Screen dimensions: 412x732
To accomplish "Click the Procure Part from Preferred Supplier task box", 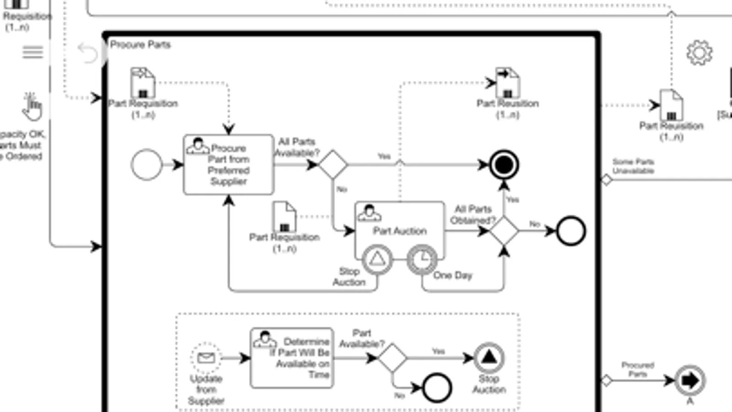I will pos(228,165).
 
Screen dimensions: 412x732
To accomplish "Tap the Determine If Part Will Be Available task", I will pos(292,358).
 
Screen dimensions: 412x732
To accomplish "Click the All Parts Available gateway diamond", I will pos(333,164).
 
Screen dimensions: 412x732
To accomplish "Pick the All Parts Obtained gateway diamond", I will pos(504,231).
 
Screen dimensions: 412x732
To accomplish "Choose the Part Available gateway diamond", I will pos(392,358).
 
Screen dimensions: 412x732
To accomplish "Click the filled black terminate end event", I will pos(504,165).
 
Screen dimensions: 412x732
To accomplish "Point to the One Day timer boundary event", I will pos(422,260).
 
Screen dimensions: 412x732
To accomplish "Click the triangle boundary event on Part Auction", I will pos(377,260).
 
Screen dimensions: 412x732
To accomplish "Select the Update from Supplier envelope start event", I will pos(206,358).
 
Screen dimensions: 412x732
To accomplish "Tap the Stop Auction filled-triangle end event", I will pos(488,358).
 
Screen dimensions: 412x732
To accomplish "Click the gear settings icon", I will pos(699,53).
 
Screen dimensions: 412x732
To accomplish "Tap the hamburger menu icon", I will pos(33,52).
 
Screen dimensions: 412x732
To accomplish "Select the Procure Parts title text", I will pos(140,44).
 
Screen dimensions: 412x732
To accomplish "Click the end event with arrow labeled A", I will pos(689,380).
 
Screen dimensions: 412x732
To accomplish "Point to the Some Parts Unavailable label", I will pos(633,166).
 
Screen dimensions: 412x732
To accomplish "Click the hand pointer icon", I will pos(32,108).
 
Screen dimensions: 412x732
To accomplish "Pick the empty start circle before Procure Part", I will pos(146,165).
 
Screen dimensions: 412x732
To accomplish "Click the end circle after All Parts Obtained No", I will pos(570,231).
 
